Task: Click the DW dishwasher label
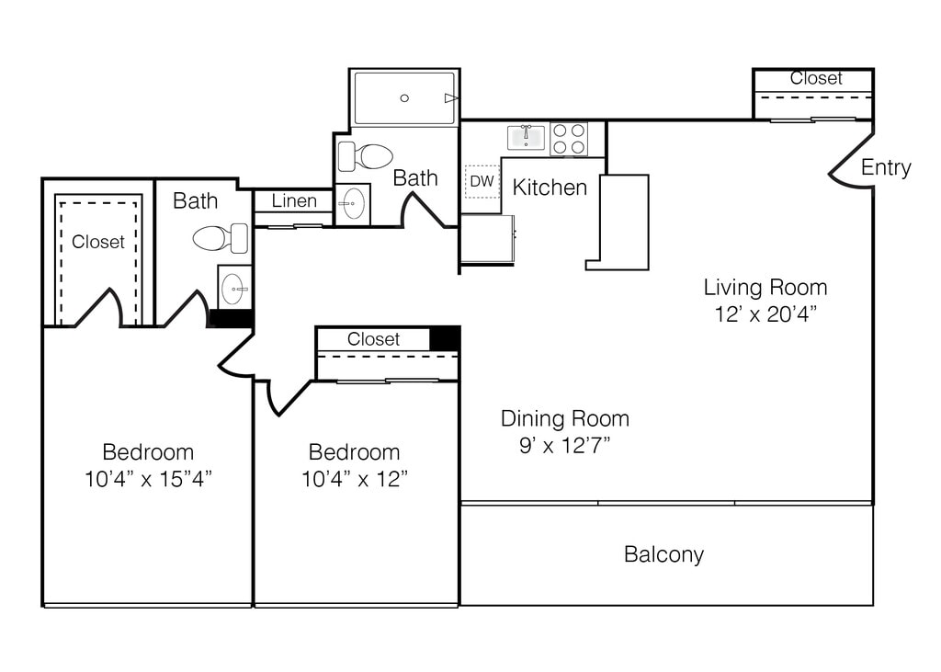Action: [x=482, y=181]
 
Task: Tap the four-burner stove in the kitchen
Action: [x=569, y=139]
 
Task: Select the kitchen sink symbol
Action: [x=527, y=137]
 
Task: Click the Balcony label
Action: [x=663, y=554]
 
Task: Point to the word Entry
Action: [x=886, y=167]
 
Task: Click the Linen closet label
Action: [x=294, y=200]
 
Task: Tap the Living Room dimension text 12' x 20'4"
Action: [x=765, y=313]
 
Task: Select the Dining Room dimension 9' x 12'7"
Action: [x=565, y=445]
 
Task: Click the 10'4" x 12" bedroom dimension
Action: [x=354, y=479]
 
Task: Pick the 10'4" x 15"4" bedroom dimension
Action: [x=148, y=479]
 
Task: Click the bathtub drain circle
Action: [x=404, y=97]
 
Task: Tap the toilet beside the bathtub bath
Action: [x=365, y=156]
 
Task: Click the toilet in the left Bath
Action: [x=221, y=238]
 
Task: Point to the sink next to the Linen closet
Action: [x=352, y=204]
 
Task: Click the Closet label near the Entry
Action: [x=816, y=78]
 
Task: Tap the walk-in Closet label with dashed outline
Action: [x=97, y=242]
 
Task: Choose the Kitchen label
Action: [x=550, y=188]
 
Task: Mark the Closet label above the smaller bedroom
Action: [x=373, y=339]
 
